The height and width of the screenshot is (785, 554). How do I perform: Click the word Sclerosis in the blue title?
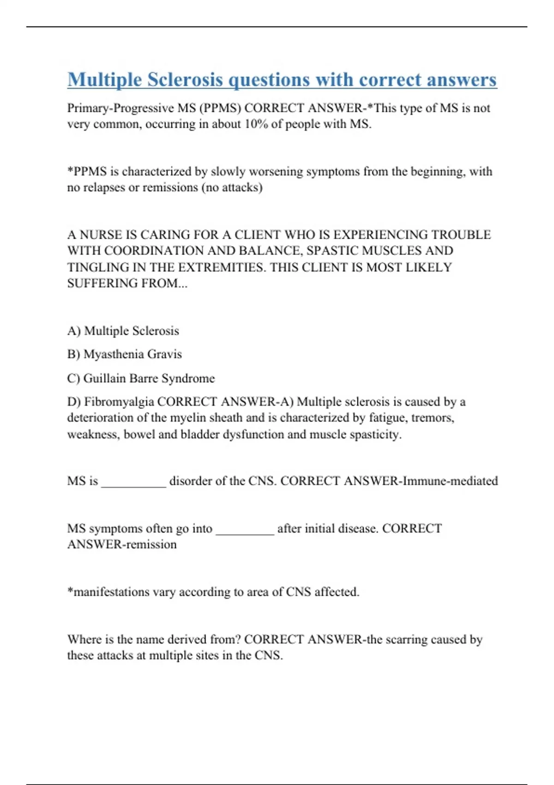coord(185,80)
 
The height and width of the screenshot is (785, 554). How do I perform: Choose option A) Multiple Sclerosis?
coord(123,331)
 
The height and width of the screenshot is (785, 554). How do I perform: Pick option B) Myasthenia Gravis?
coord(124,354)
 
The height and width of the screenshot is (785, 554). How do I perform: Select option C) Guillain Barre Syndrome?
coord(141,379)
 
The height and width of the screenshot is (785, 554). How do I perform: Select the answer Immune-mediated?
coord(450,481)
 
